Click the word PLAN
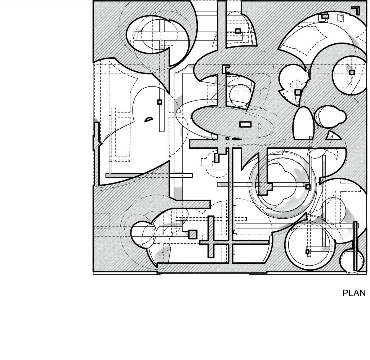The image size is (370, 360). (x=354, y=293)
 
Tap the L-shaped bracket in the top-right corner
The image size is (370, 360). (x=356, y=10)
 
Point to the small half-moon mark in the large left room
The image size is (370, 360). (x=148, y=119)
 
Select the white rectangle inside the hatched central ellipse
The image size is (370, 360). (x=245, y=124)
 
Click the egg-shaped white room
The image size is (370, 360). (x=303, y=124)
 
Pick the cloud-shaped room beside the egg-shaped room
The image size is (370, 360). (x=331, y=116)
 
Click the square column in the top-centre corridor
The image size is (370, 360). (x=238, y=31)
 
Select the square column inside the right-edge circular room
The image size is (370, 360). (x=352, y=72)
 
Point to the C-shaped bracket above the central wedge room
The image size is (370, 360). (x=226, y=69)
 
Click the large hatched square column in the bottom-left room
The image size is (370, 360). (x=193, y=234)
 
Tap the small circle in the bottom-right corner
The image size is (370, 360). (x=350, y=261)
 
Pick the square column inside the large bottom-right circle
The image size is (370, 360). (x=307, y=251)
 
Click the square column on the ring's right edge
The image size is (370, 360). (x=308, y=187)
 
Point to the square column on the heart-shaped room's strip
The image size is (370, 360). (x=160, y=102)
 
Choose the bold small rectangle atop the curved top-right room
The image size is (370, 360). (x=325, y=16)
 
